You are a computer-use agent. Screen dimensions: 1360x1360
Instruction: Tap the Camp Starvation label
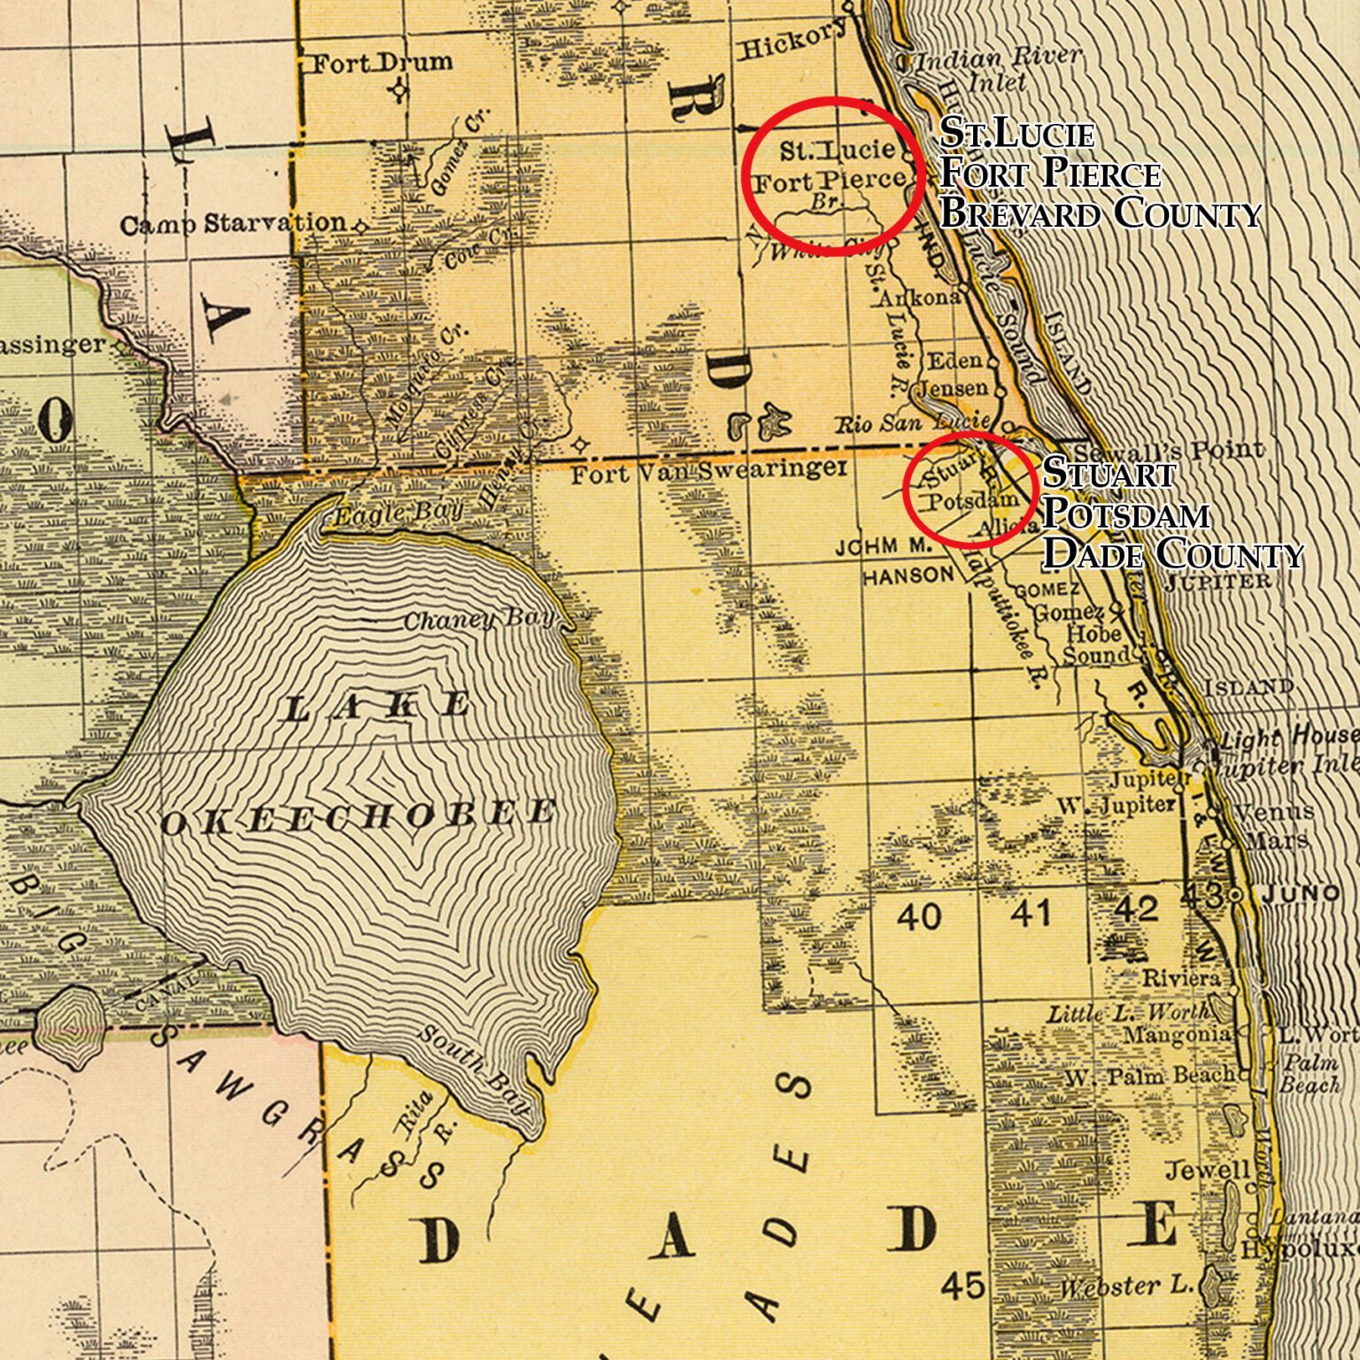point(232,224)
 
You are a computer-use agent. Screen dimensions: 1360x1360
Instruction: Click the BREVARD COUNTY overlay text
point(1100,213)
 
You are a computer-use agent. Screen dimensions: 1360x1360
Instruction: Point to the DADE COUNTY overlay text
point(1172,554)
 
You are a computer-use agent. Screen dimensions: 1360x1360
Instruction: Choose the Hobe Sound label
point(1093,645)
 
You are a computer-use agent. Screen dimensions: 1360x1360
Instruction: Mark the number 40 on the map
point(918,916)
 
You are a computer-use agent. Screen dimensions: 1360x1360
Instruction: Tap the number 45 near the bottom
point(963,1285)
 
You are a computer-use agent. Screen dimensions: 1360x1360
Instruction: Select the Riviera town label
point(1180,978)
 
